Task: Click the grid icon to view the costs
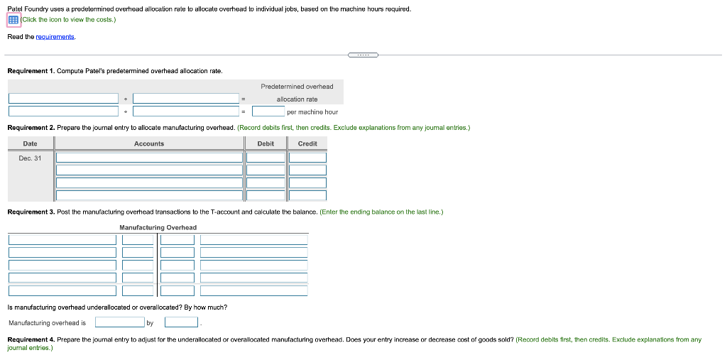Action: pyautogui.click(x=13, y=20)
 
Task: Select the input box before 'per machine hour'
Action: pyautogui.click(x=268, y=111)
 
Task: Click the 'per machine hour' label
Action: pyautogui.click(x=312, y=111)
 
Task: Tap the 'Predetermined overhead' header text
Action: pyautogui.click(x=297, y=87)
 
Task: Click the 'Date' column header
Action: pyautogui.click(x=30, y=143)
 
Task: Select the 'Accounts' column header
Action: pyautogui.click(x=149, y=143)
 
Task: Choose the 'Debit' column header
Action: pyautogui.click(x=266, y=143)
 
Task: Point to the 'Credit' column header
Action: pyautogui.click(x=307, y=143)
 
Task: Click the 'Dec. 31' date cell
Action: pyautogui.click(x=30, y=158)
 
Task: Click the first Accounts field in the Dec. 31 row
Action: pyautogui.click(x=149, y=158)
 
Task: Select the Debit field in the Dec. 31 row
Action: pyautogui.click(x=266, y=158)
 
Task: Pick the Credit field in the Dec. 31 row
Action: pyautogui.click(x=307, y=158)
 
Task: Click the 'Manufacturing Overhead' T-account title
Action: pyautogui.click(x=158, y=227)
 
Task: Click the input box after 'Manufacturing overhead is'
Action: pyautogui.click(x=119, y=322)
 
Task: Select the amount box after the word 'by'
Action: pyautogui.click(x=181, y=322)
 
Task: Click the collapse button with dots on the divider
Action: pyautogui.click(x=363, y=54)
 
